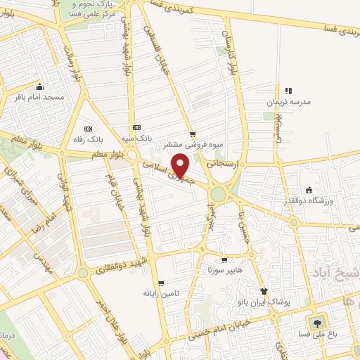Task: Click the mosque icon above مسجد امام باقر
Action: point(39,88)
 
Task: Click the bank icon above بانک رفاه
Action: point(89,129)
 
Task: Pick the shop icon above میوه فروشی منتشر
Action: point(192,134)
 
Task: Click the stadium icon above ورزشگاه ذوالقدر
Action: point(309,188)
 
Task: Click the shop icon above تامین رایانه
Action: point(162,283)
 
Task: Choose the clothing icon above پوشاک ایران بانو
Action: point(264,291)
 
